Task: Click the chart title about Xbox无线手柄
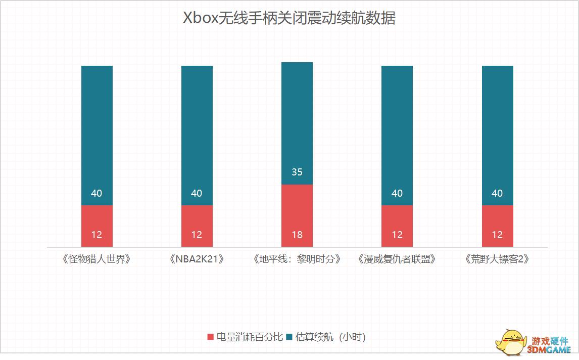pyautogui.click(x=289, y=19)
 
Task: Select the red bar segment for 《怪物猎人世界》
pyautogui.click(x=97, y=226)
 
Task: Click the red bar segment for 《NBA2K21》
pyautogui.click(x=197, y=226)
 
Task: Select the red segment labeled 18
pyautogui.click(x=297, y=215)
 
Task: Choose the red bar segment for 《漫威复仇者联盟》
pyautogui.click(x=397, y=226)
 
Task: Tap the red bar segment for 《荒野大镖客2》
pyautogui.click(x=497, y=226)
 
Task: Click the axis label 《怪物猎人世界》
pyautogui.click(x=97, y=259)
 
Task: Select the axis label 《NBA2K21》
pyautogui.click(x=197, y=259)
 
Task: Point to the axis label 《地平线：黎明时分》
pyautogui.click(x=297, y=259)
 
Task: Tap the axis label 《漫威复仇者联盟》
pyautogui.click(x=397, y=259)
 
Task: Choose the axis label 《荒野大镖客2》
pyautogui.click(x=497, y=259)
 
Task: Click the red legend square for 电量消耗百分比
pyautogui.click(x=211, y=337)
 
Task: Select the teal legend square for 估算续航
pyautogui.click(x=290, y=337)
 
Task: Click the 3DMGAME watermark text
pyautogui.click(x=548, y=349)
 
